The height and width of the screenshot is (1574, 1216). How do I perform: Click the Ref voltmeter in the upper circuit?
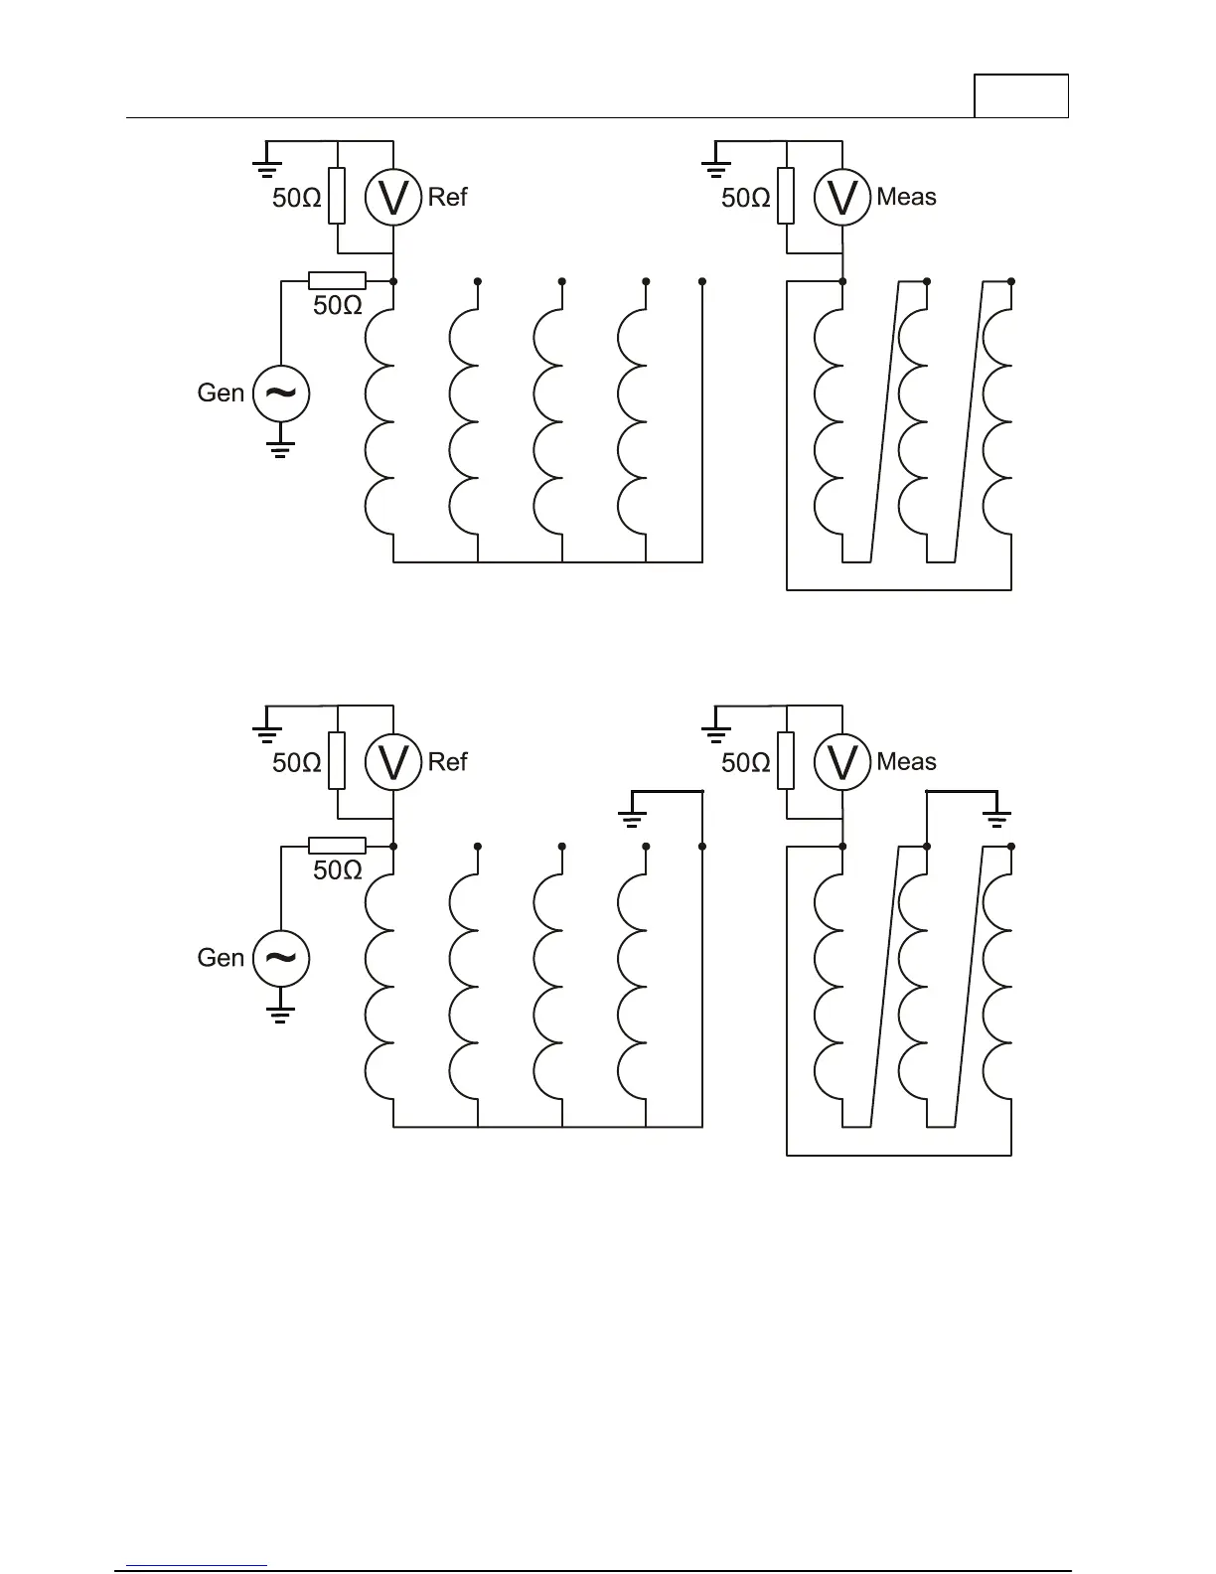[x=394, y=198]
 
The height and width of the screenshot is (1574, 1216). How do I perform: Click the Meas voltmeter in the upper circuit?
[x=842, y=198]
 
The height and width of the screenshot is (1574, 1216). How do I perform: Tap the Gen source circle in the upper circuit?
[x=281, y=393]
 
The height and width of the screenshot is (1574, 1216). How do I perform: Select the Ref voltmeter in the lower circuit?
[x=394, y=762]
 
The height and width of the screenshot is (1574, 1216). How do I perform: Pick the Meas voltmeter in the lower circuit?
[x=842, y=762]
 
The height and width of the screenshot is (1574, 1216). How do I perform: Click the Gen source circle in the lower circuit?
[x=281, y=958]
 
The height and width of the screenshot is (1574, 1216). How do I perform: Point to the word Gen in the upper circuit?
[x=221, y=393]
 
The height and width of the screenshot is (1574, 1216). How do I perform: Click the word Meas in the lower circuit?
[x=906, y=762]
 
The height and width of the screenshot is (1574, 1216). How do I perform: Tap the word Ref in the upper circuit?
[x=447, y=197]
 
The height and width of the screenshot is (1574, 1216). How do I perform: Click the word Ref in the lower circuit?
[x=447, y=762]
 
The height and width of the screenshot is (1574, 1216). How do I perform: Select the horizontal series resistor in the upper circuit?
[x=337, y=281]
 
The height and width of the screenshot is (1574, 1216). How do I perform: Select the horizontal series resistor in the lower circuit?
[x=337, y=846]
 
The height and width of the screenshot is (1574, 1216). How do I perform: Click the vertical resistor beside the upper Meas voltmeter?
[x=786, y=196]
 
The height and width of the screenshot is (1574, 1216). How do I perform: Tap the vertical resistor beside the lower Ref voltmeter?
[x=338, y=760]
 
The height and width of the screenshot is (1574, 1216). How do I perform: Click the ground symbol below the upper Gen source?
[x=281, y=449]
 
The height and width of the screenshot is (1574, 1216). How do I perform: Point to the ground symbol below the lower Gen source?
[x=281, y=1015]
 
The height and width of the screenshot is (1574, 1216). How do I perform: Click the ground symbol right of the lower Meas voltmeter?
[x=996, y=818]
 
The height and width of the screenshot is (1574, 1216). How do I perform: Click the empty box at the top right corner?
[x=1020, y=96]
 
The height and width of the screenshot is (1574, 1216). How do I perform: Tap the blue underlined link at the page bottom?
[x=198, y=1564]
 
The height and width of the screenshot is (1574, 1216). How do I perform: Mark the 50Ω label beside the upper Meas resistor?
[x=746, y=199]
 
